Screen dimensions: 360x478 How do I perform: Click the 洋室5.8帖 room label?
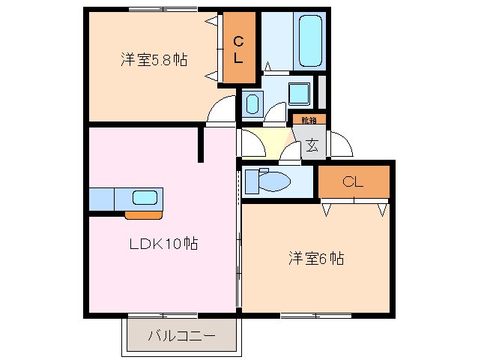tap(154, 59)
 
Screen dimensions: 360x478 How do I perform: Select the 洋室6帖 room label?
tap(316, 259)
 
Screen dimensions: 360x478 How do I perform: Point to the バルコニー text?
tap(181, 335)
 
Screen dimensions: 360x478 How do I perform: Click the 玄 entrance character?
tap(312, 145)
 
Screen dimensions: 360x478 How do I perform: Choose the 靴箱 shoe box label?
tap(309, 119)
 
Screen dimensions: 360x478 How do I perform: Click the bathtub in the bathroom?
tap(309, 40)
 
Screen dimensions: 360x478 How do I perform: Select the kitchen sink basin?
tap(145, 199)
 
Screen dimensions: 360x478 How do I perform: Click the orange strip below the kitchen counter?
tap(142, 216)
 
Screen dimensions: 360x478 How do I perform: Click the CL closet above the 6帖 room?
tap(354, 181)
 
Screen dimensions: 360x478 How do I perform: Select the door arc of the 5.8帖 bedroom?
tap(221, 111)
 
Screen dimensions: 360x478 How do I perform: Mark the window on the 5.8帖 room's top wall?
tap(163, 9)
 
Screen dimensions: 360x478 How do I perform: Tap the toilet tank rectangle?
tap(251, 181)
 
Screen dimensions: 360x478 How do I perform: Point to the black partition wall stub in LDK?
tap(201, 145)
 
